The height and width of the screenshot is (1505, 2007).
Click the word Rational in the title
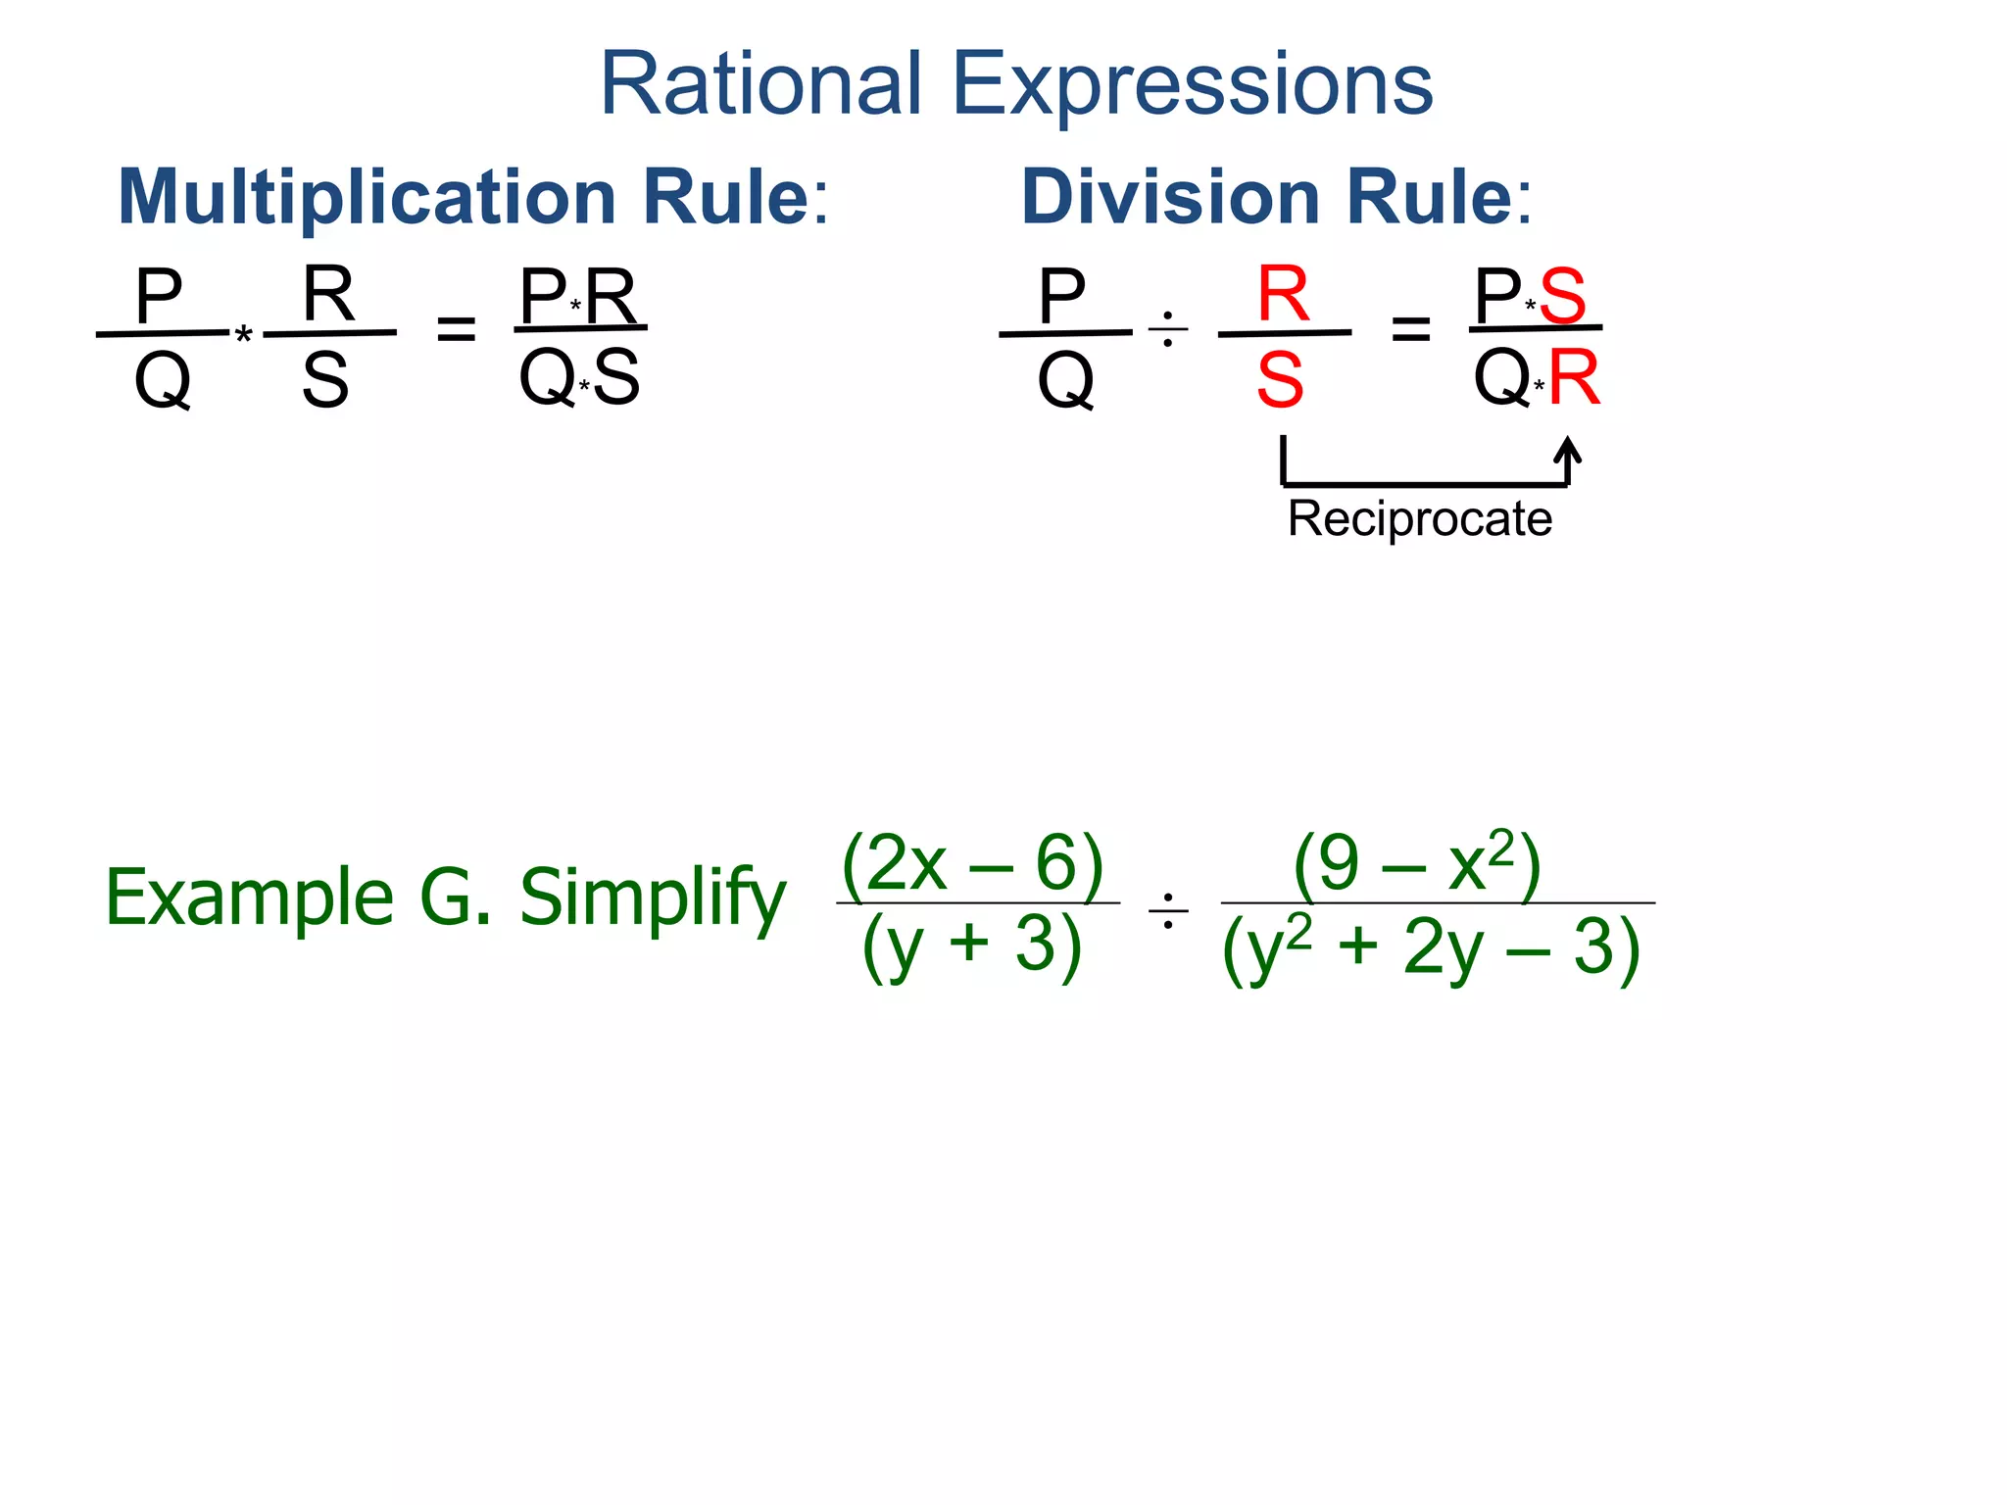coord(760,84)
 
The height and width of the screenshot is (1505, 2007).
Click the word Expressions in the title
coord(1192,86)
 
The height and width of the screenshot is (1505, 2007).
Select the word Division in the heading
coord(1171,197)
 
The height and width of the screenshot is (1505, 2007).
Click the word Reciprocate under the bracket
coord(1419,518)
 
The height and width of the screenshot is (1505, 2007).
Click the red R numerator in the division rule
coord(1283,293)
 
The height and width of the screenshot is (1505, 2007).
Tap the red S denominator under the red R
coord(1280,380)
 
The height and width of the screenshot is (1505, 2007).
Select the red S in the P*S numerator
coord(1562,295)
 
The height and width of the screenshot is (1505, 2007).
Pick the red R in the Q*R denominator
coord(1574,377)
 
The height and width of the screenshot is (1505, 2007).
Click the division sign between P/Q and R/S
coord(1167,330)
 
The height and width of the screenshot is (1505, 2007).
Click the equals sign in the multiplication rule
coord(456,329)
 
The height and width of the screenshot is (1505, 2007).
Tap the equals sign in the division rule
coord(1410,329)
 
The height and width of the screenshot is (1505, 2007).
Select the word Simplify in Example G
coord(652,898)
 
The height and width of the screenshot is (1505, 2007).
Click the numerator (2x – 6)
coord(972,863)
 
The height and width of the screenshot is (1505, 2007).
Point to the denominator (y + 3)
coord(972,946)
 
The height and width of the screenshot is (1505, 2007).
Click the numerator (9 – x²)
coord(1417,863)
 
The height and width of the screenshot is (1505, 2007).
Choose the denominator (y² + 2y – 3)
coord(1431,948)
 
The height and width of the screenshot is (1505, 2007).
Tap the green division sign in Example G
coord(1168,911)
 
